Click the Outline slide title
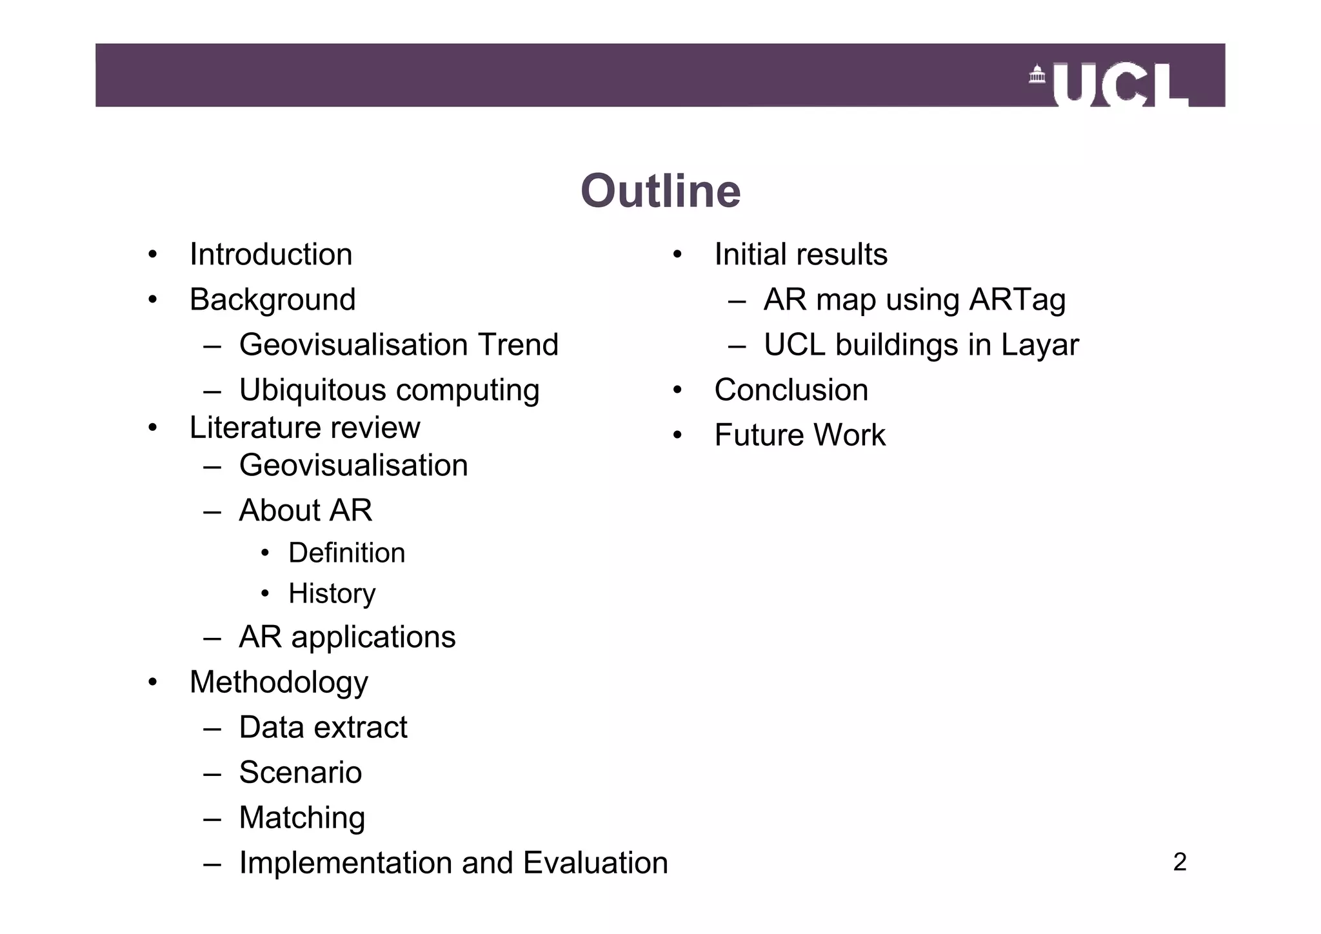coord(660,192)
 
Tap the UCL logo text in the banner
coord(1121,85)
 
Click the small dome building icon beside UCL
coord(1037,75)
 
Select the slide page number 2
coord(1179,862)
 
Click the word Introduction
coord(271,254)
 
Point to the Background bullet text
coord(272,300)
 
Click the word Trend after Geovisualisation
coord(517,344)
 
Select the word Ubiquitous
coord(312,390)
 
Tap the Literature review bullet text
coord(304,428)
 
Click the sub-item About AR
coord(305,510)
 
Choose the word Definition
coord(346,553)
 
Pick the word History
coord(332,593)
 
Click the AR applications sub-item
coord(347,637)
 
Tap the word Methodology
coord(279,682)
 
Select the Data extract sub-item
coord(323,728)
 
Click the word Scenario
coord(300,773)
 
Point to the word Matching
coord(302,818)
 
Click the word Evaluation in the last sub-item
coord(595,863)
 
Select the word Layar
coord(1039,345)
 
